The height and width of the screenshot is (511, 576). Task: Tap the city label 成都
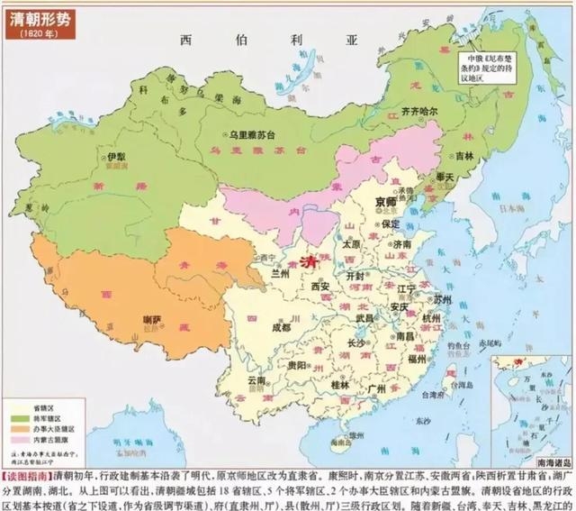pyautogui.click(x=283, y=327)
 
